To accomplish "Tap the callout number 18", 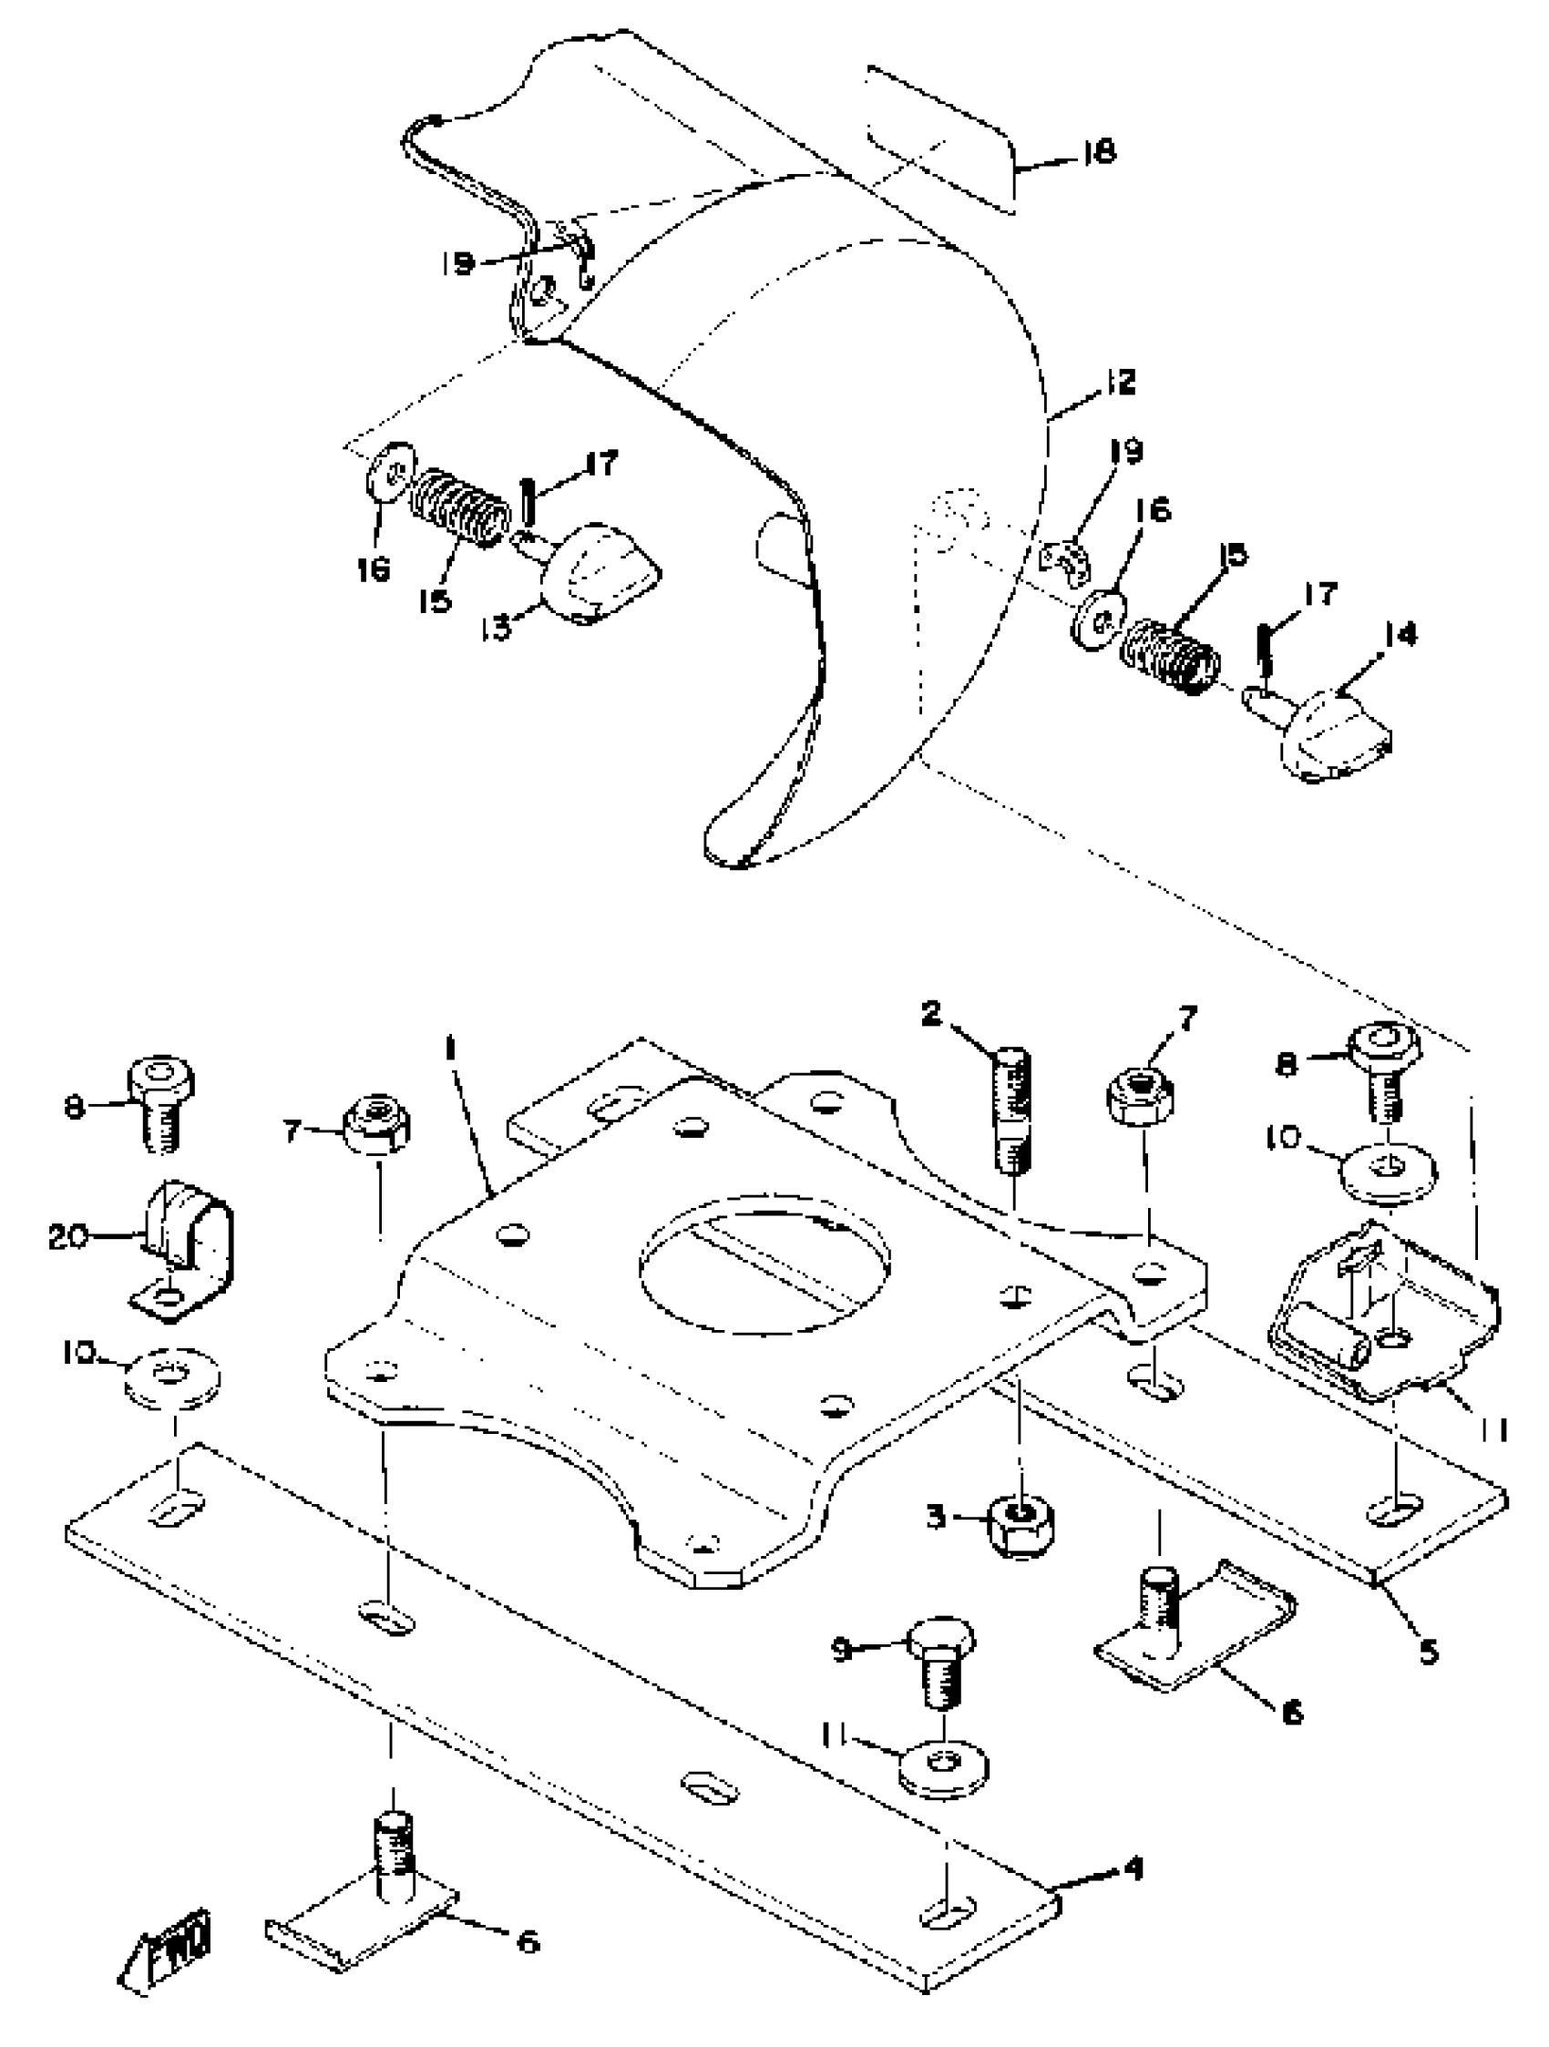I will (1098, 151).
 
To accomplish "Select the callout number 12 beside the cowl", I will (1119, 382).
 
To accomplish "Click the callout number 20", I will (69, 1236).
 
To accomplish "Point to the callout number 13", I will (495, 629).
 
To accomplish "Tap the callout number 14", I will (1401, 635).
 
